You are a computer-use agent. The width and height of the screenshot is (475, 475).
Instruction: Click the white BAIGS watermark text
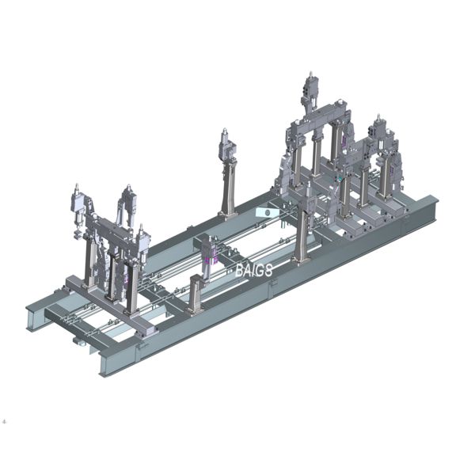pos(253,270)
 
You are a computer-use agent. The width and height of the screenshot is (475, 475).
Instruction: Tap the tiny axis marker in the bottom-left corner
pos(6,420)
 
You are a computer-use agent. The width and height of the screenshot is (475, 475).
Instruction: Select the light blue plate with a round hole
pos(267,213)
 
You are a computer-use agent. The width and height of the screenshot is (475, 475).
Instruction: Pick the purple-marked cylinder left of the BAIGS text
pos(210,255)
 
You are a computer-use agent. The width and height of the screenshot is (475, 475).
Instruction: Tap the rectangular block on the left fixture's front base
pos(145,325)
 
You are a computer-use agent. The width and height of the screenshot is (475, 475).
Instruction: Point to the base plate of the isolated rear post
pos(228,213)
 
